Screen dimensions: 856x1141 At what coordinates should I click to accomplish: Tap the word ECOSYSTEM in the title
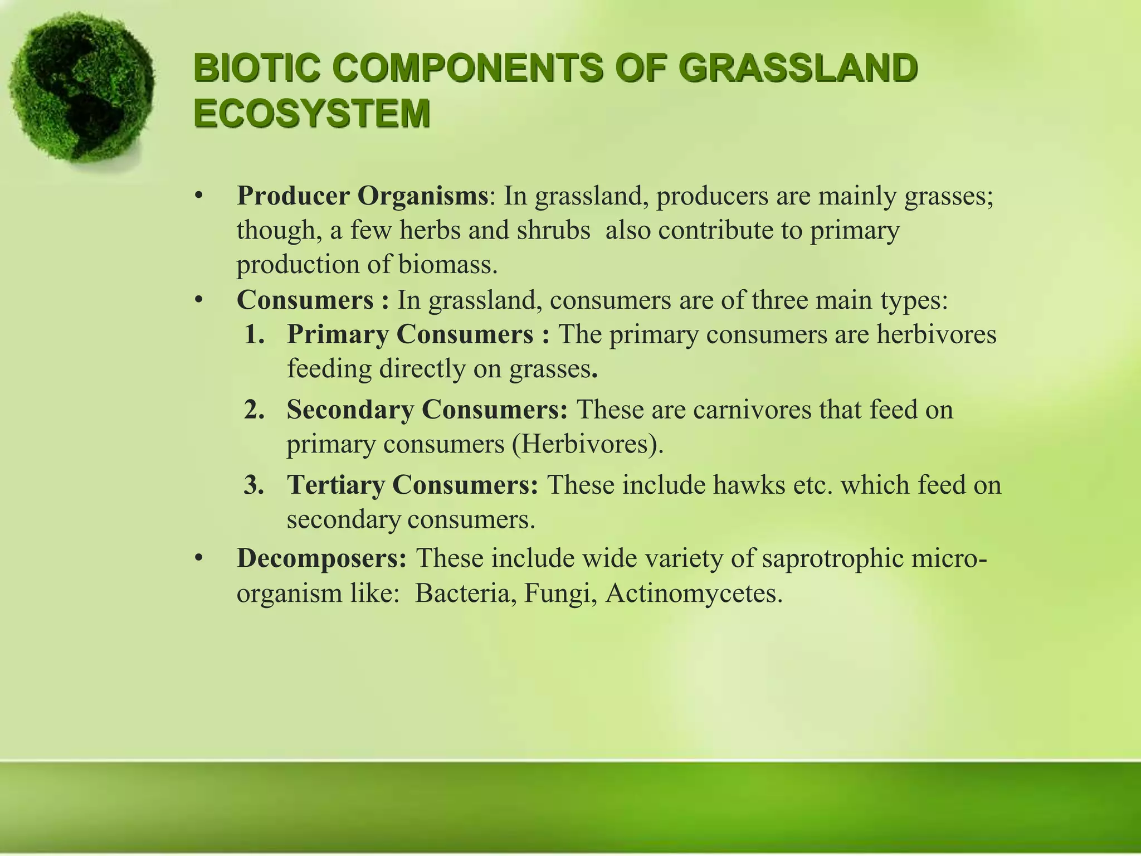click(x=312, y=114)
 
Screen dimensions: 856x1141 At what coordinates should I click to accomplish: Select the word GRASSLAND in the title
click(x=797, y=70)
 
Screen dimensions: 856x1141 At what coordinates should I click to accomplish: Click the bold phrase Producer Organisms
click(x=362, y=196)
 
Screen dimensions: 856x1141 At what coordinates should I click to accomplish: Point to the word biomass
click(x=447, y=265)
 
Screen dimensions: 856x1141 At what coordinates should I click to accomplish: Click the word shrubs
click(x=553, y=231)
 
